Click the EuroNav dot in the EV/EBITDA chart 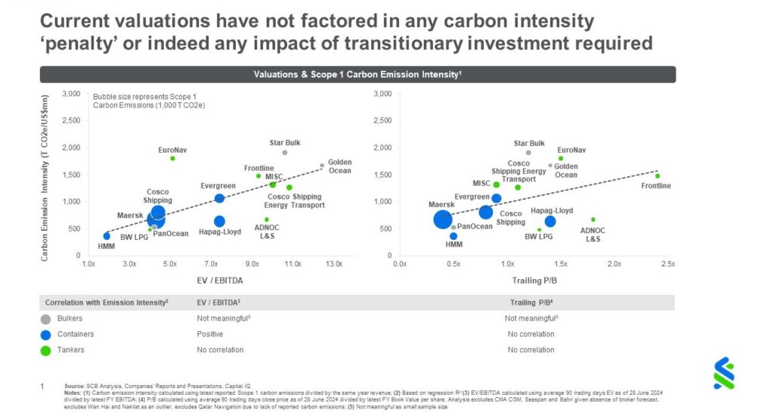click(172, 158)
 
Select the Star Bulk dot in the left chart click(284, 152)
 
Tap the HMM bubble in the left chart click(107, 236)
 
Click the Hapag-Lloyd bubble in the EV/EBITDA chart click(219, 222)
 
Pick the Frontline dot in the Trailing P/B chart click(657, 175)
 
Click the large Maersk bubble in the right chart click(443, 219)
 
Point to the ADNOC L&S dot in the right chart click(593, 219)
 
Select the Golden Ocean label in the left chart click(339, 166)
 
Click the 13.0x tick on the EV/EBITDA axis click(333, 264)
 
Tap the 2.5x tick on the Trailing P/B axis click(667, 264)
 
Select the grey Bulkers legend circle click(46, 318)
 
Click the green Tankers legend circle click(46, 349)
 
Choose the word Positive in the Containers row click(210, 334)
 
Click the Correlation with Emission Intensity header click(106, 303)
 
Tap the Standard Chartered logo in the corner click(723, 373)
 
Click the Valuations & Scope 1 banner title click(358, 74)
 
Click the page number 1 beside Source click(43, 386)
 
